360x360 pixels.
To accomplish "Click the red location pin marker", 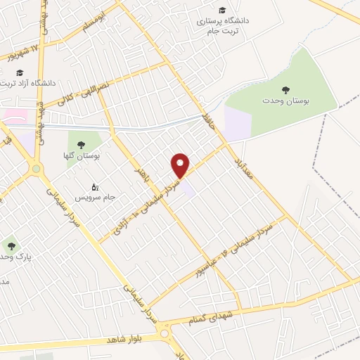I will tap(181, 165).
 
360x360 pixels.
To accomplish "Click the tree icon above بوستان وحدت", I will tap(285, 90).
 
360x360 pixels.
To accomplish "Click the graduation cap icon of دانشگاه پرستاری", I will tap(222, 10).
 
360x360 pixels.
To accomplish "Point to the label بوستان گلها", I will tap(88, 155).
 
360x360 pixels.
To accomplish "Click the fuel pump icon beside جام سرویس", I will tap(95, 187).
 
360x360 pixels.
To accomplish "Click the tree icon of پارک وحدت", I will tap(10, 246).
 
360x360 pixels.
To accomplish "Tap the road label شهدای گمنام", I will tap(211, 319).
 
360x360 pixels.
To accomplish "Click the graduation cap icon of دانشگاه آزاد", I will tap(20, 72).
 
